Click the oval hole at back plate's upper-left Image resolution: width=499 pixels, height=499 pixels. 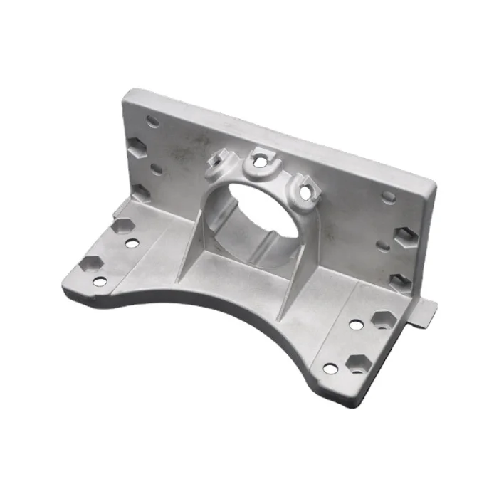(x=152, y=121)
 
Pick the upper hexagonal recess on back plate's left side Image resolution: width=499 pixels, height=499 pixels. (x=136, y=149)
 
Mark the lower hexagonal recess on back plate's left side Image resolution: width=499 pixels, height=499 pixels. (x=140, y=192)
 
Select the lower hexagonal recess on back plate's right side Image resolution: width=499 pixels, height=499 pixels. (x=399, y=280)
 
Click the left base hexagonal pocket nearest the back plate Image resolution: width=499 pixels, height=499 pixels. (x=122, y=226)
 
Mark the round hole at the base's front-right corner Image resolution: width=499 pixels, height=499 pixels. (x=330, y=369)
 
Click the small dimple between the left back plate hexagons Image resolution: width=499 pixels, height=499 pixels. (x=156, y=169)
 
